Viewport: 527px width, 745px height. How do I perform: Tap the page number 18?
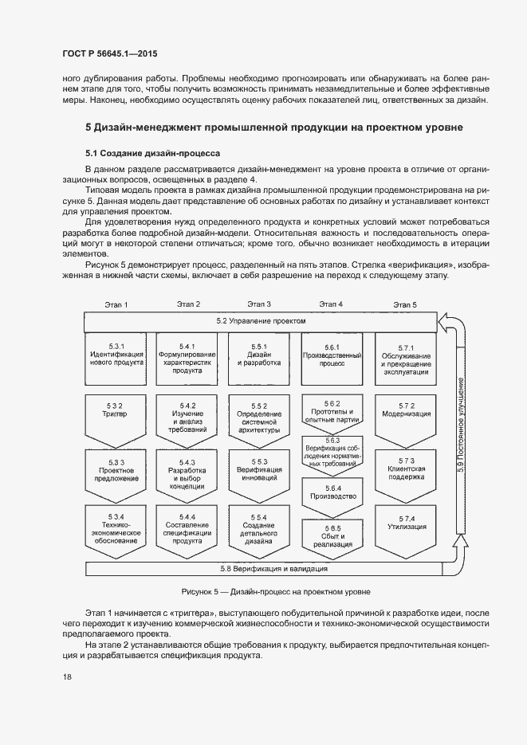[x=67, y=676]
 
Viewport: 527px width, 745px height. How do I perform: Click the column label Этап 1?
[x=116, y=304]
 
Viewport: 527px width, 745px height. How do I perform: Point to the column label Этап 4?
[x=331, y=304]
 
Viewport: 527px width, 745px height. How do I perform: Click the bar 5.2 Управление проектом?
[x=260, y=321]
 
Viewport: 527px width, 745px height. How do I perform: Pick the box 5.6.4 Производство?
[x=332, y=495]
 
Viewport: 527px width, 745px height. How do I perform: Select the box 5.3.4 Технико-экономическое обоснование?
[x=116, y=530]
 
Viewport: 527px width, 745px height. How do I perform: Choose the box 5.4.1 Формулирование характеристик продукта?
[x=187, y=358]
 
